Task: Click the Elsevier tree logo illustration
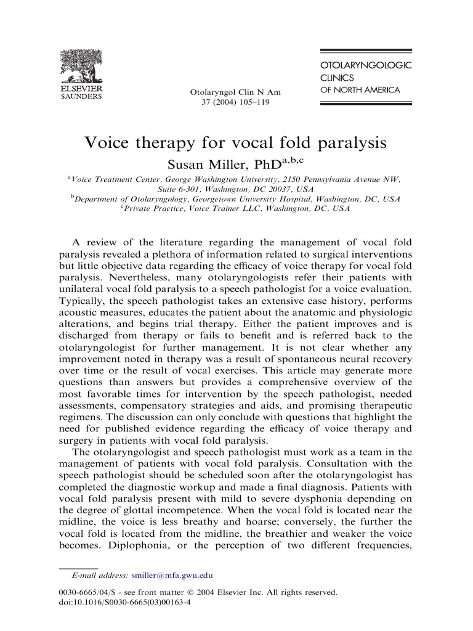[x=81, y=67]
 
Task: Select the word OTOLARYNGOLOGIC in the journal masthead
[x=366, y=65]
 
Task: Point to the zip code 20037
[x=283, y=189]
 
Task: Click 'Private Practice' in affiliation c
[x=156, y=209]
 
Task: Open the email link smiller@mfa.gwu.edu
[x=172, y=576]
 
